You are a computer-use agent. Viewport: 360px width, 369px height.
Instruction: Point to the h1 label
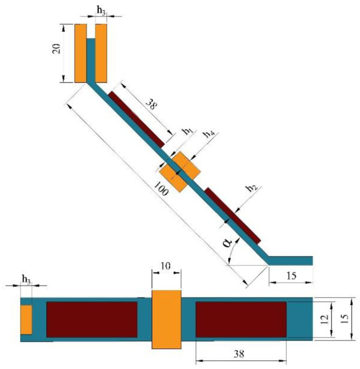(x=187, y=131)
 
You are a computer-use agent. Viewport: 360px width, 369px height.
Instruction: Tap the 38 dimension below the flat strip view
(x=241, y=353)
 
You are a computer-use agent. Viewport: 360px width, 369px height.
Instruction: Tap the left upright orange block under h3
(x=81, y=53)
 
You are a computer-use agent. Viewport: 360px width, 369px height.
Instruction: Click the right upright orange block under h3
(x=101, y=53)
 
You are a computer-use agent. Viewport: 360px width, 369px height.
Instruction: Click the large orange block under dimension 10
(x=166, y=319)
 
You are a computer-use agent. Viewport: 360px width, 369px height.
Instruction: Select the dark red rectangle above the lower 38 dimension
(x=241, y=319)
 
